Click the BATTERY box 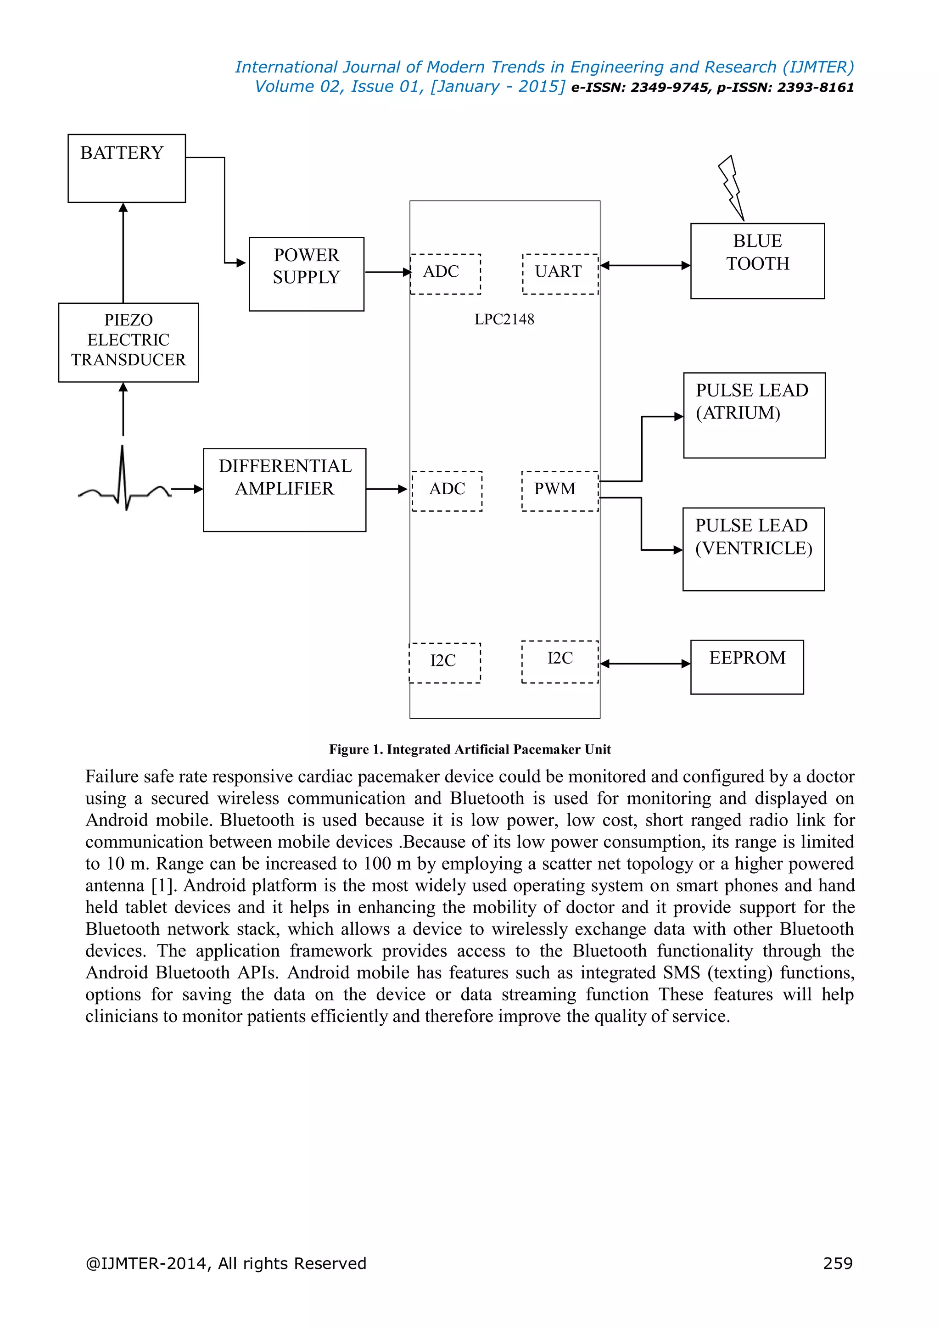pos(126,168)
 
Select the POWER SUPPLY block pos(306,274)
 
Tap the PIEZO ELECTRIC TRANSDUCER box pos(129,342)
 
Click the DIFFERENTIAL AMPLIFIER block pos(284,490)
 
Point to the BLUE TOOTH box pos(757,261)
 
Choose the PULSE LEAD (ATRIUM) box pos(754,415)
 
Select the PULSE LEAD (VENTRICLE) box pos(753,549)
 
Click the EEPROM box pos(747,667)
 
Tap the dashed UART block pos(560,274)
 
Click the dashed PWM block pos(559,491)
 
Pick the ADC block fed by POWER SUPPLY pos(445,274)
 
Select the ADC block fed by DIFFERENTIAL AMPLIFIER pos(447,491)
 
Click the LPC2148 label pos(504,319)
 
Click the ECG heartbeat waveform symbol pos(123,483)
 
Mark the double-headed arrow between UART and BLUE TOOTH pos(645,266)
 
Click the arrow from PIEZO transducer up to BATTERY pos(123,252)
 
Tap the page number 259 pos(838,1263)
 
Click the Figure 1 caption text pos(470,749)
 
